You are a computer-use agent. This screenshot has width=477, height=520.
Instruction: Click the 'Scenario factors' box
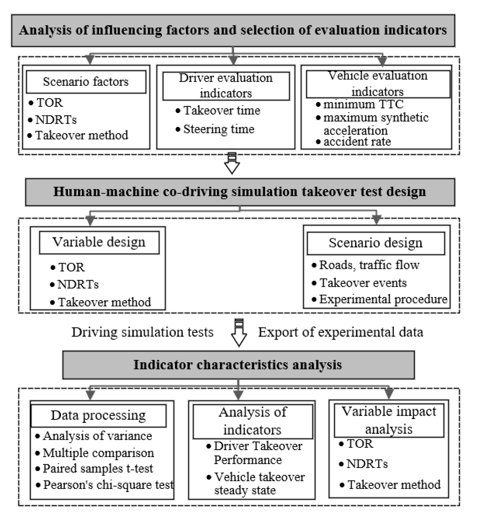[86, 82]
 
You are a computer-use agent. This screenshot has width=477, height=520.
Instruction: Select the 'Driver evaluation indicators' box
[226, 86]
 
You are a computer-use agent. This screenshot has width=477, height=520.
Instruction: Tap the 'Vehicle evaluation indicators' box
[378, 84]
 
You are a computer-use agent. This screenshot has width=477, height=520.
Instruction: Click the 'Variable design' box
[99, 243]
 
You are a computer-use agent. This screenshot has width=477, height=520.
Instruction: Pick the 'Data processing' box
[98, 416]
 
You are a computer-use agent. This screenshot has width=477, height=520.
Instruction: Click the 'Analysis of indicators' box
[252, 421]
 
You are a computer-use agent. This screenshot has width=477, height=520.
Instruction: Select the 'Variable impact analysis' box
[389, 420]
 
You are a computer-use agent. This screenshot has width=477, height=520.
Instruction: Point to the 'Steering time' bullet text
[219, 129]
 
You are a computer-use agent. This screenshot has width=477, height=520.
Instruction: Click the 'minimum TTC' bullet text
[363, 104]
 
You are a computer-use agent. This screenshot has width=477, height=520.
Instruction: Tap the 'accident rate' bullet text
[357, 142]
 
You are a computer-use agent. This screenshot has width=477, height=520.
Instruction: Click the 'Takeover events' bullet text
[363, 283]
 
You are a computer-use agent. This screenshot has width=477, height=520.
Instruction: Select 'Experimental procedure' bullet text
[383, 299]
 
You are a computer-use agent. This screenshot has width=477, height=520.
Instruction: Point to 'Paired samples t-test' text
[98, 469]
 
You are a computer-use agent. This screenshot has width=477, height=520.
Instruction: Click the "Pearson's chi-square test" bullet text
[108, 485]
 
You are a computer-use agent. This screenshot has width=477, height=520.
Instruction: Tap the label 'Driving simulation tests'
[143, 332]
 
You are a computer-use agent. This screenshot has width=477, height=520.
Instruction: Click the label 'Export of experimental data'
[341, 332]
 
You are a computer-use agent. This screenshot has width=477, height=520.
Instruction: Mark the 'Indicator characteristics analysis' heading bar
[238, 365]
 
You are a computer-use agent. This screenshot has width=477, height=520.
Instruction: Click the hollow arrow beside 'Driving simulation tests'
[239, 334]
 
